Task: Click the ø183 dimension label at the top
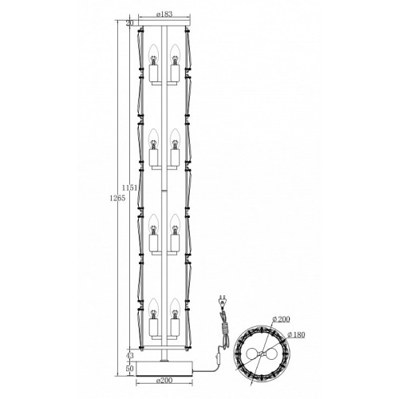164,14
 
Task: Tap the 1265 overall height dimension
117,198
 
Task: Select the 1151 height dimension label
129,188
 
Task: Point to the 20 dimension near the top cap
129,23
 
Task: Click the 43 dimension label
129,355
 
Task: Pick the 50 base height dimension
129,369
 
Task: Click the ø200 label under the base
164,381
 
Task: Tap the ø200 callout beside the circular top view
282,319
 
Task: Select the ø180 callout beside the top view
297,334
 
